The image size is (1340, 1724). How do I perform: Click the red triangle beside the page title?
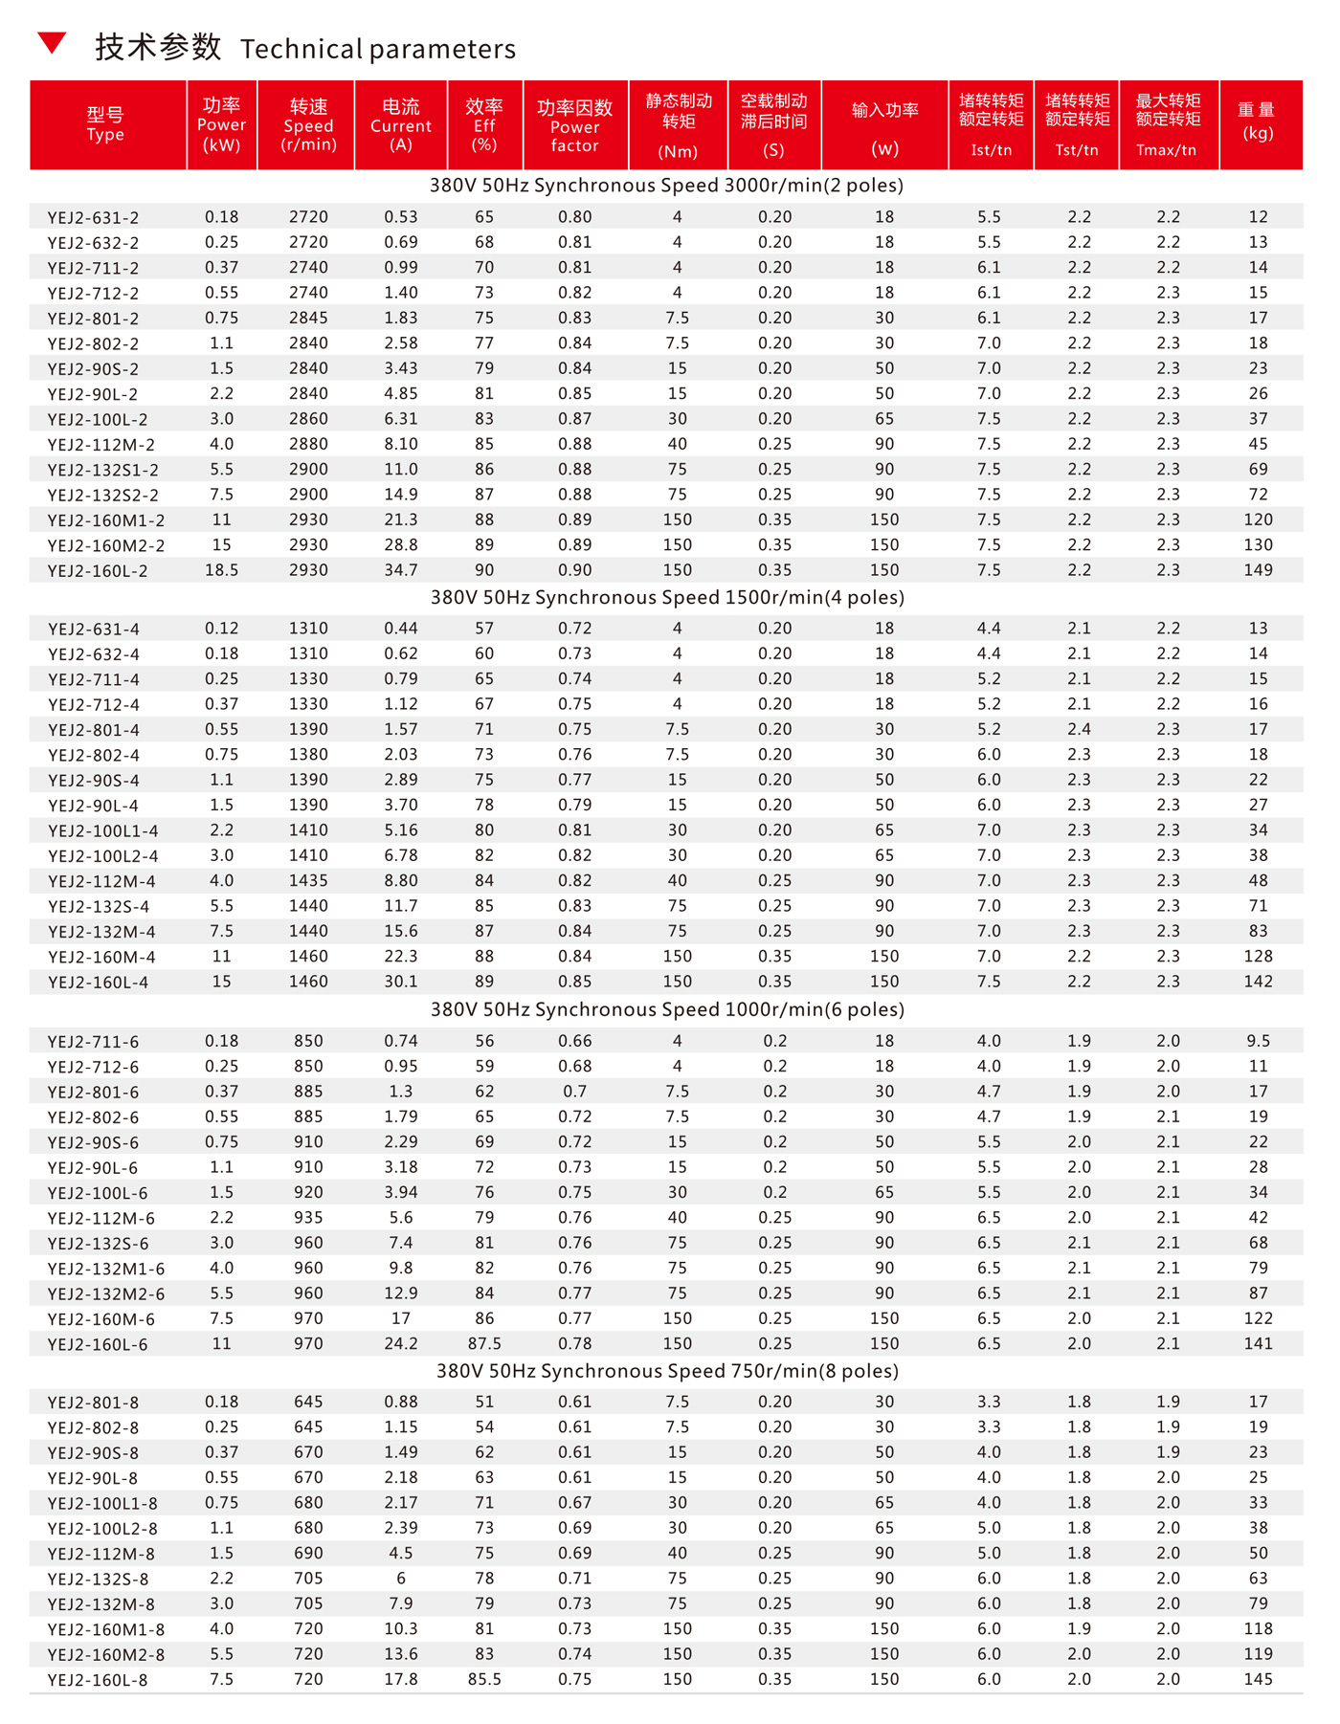click(52, 42)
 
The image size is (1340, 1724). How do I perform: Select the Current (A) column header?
click(401, 125)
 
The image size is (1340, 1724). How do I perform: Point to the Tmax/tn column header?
click(1167, 125)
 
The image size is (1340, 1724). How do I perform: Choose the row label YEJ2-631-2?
click(93, 218)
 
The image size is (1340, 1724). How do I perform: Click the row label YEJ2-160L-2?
click(98, 571)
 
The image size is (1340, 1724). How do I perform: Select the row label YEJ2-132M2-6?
click(106, 1293)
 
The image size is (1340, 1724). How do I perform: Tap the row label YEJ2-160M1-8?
click(106, 1629)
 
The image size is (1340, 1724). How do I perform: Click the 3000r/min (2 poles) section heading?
click(666, 186)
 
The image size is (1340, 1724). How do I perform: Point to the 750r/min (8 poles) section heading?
click(667, 1371)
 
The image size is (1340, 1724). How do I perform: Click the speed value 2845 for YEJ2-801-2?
click(308, 319)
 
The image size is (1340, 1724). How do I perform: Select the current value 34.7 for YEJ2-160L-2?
click(401, 570)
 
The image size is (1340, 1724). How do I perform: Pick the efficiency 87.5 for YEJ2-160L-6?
click(484, 1344)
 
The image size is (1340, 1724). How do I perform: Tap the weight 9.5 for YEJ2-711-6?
click(1258, 1041)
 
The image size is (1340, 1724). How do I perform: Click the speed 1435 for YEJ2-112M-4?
click(308, 881)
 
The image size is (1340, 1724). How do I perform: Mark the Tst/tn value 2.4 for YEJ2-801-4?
click(1079, 729)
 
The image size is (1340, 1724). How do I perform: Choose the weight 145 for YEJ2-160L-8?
click(1258, 1679)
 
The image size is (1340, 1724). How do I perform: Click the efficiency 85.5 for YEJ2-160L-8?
click(484, 1679)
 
